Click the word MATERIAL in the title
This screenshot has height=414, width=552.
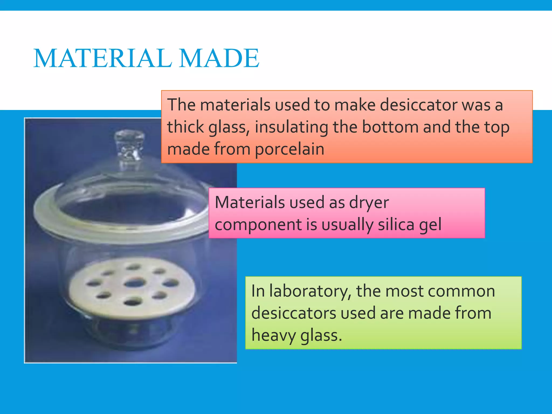103,58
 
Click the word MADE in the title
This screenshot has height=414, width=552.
219,58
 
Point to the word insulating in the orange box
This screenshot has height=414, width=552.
291,127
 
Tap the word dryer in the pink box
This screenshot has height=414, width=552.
369,203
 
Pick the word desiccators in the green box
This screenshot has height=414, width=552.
294,313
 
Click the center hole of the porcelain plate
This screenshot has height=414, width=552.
134,283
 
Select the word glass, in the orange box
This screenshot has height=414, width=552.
229,127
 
